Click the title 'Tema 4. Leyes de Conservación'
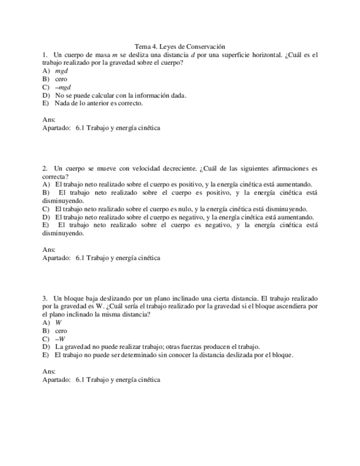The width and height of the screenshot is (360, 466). [x=180, y=47]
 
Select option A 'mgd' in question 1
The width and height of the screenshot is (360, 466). [x=61, y=71]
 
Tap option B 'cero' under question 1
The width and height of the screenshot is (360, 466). [x=61, y=79]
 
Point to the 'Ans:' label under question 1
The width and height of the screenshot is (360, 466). [x=48, y=119]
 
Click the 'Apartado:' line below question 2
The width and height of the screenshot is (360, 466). [x=101, y=257]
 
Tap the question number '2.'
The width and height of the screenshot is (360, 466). [x=45, y=168]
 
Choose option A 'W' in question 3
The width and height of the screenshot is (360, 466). [x=58, y=323]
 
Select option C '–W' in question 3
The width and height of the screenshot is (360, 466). [x=60, y=339]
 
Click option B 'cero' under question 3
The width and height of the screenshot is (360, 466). [x=61, y=331]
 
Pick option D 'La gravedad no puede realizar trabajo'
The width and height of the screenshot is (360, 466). [x=157, y=347]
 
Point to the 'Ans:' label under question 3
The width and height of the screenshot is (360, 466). [x=48, y=371]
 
